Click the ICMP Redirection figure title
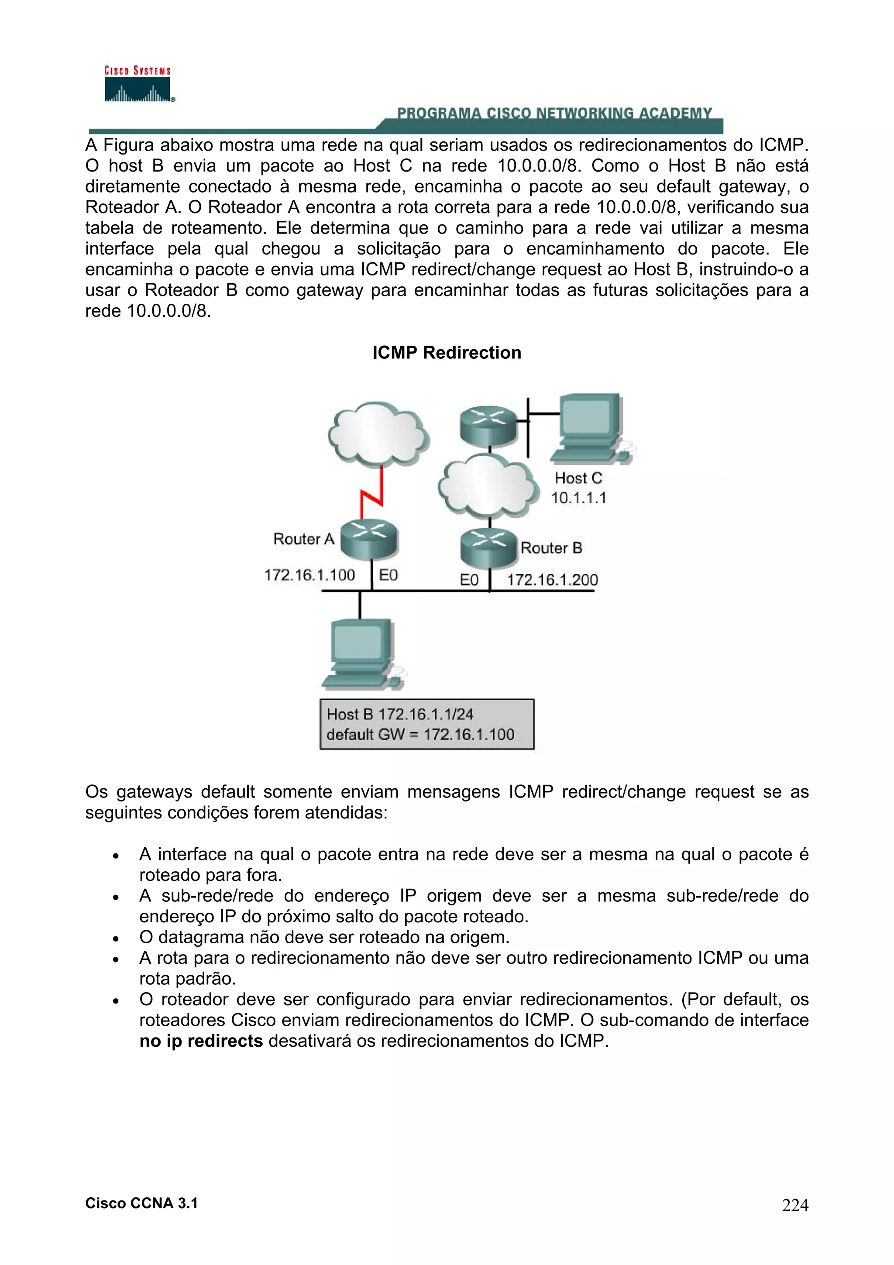[446, 353]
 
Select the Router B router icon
[488, 547]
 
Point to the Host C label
[578, 478]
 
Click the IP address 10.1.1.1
[578, 498]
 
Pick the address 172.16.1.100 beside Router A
[309, 575]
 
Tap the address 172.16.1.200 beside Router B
[552, 580]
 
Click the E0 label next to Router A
[389, 575]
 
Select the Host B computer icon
[362, 654]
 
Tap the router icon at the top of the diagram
[488, 425]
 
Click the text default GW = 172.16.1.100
[420, 735]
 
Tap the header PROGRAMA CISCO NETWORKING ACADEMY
[554, 113]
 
